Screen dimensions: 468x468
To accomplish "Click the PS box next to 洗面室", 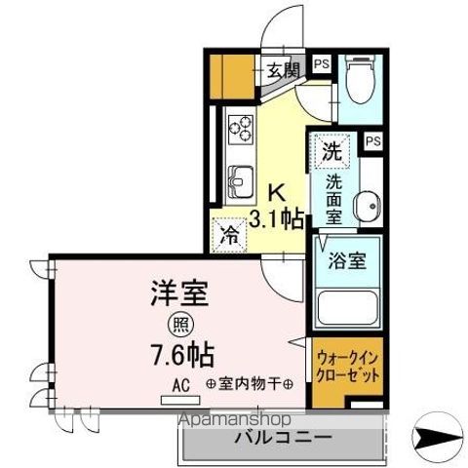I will coord(372,141).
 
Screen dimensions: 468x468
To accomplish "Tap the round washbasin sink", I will coord(368,206).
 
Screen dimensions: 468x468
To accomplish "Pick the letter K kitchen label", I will coord(276,192).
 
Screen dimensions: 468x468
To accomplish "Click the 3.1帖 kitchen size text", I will coord(277,217).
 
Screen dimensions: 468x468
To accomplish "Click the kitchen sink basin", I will coord(241,180).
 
